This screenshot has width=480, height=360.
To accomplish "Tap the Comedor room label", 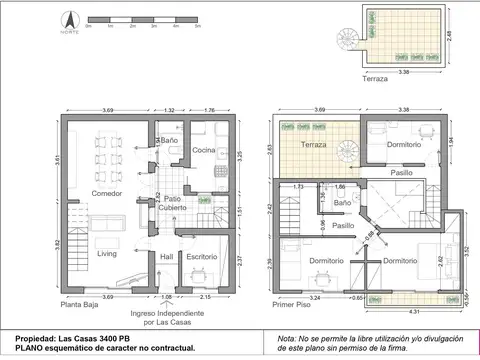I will pyautogui.click(x=107, y=193).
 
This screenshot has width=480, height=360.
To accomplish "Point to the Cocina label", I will pyautogui.click(x=205, y=150).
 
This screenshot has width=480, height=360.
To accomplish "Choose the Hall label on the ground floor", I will pyautogui.click(x=167, y=257).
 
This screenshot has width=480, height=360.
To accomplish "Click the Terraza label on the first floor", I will pyautogui.click(x=315, y=145).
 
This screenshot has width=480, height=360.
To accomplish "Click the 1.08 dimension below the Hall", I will pyautogui.click(x=167, y=296).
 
